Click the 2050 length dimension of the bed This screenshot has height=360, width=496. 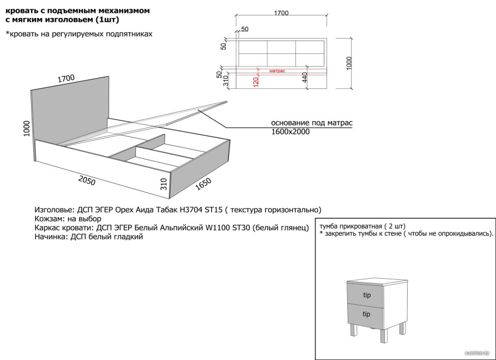[87, 180]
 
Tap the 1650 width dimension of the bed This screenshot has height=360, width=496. [203, 184]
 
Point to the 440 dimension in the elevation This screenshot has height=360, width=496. [304, 77]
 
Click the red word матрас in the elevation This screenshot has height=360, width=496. [277, 71]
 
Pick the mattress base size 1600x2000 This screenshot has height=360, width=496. [291, 131]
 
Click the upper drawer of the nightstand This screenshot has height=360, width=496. [365, 294]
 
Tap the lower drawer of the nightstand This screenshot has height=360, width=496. [365, 315]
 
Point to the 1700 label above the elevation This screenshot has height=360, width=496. [281, 13]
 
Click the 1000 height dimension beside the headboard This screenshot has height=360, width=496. [27, 128]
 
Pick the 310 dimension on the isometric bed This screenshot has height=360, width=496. [164, 184]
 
